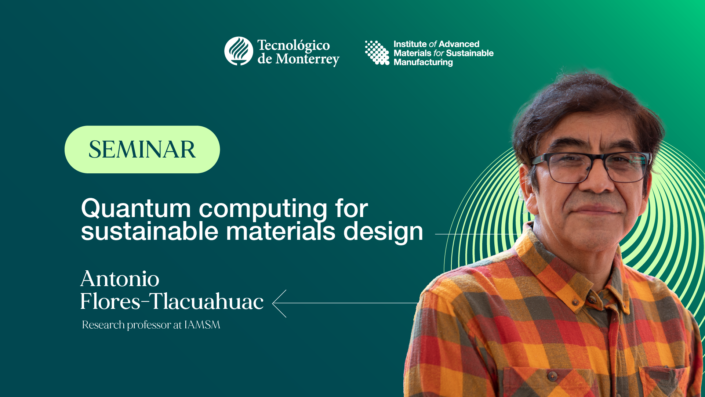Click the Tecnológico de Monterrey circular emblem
click(x=239, y=51)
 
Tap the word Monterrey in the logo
click(x=308, y=59)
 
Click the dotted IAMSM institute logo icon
click(x=377, y=53)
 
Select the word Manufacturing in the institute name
click(x=423, y=62)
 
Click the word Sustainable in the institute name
click(x=470, y=53)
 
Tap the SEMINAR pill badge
click(x=142, y=149)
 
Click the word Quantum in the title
click(x=136, y=208)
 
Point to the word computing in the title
click(x=263, y=209)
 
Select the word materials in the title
click(x=281, y=232)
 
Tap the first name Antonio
click(x=120, y=279)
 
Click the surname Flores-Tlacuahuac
click(x=172, y=302)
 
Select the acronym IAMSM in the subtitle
click(x=202, y=325)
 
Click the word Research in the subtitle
click(x=103, y=325)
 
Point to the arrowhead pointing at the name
click(x=279, y=303)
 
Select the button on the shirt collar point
click(x=575, y=302)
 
